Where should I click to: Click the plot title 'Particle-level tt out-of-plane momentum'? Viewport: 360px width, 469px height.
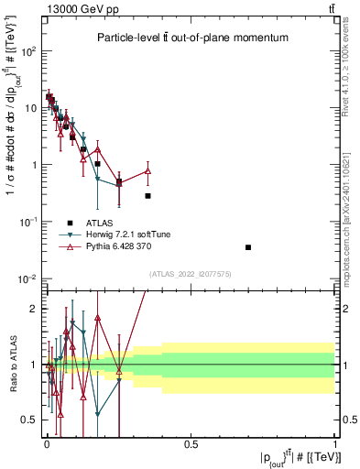tap(192, 38)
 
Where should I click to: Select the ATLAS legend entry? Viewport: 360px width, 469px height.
tap(71, 222)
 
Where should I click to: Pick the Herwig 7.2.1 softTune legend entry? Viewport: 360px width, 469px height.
tap(71, 235)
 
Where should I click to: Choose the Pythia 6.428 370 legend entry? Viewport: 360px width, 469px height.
tap(71, 248)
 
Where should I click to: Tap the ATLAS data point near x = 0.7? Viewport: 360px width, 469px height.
tap(248, 247)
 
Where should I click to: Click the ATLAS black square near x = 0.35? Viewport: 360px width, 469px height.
tap(147, 196)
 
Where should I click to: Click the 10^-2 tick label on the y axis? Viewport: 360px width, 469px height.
tap(31, 278)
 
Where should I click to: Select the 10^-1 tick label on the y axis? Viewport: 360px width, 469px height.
tap(31, 222)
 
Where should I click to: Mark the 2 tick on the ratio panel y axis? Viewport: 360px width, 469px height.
tap(36, 309)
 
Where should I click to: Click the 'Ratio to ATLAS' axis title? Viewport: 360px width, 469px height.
tap(11, 365)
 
